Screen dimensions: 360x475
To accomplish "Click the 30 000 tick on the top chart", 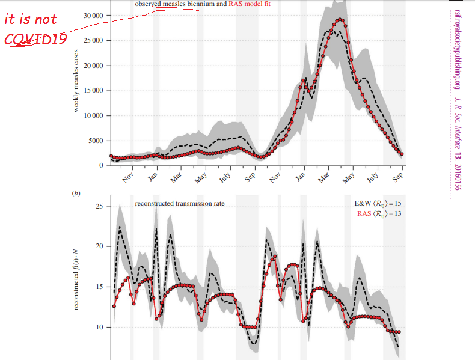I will point(93,15).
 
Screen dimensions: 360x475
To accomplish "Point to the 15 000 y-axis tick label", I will point(93,91).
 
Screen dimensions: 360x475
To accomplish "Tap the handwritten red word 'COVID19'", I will point(35,40).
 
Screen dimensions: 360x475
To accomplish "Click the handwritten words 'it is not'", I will point(31,19).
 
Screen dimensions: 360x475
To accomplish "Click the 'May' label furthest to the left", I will point(200,178).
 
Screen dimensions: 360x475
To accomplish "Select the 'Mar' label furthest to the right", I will point(325,178).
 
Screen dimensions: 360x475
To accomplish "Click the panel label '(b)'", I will point(76,194).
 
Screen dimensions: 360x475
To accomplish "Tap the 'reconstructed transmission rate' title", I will point(180,203).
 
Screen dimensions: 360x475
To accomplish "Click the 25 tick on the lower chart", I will point(99,206).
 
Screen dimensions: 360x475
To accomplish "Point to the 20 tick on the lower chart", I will point(99,246).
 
